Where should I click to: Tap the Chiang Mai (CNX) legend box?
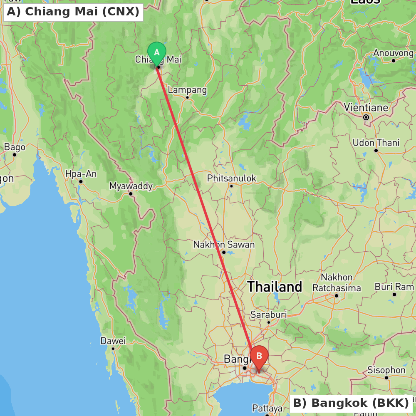tap(73, 12)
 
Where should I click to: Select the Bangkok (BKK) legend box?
tap(351, 403)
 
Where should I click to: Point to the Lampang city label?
tap(187, 90)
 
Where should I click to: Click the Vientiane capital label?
tap(366, 108)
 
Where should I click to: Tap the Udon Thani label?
tap(376, 143)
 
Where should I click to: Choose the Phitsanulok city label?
tap(232, 178)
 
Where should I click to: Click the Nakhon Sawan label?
tap(224, 245)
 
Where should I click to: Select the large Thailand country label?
tap(275, 287)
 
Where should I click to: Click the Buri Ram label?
tap(394, 287)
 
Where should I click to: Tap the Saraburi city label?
tap(269, 314)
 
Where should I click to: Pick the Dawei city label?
tap(113, 341)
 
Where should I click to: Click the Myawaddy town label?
tap(131, 186)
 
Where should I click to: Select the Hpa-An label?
tap(81, 174)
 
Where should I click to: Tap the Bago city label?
tap(15, 147)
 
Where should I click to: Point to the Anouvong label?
tap(394, 53)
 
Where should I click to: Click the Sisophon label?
tap(386, 370)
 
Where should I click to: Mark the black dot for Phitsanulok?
tap(231, 186)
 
